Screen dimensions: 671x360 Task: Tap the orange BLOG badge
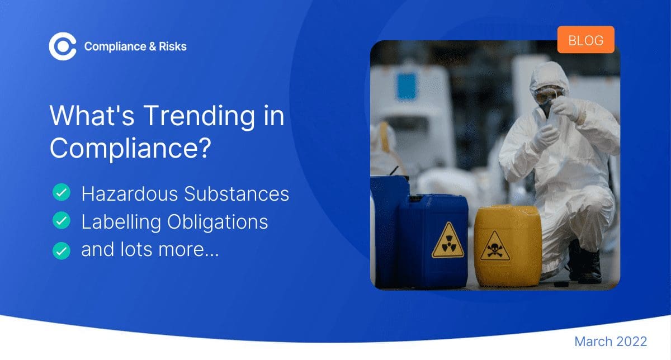585,40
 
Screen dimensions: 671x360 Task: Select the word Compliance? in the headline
131,148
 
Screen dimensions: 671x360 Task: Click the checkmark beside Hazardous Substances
62,192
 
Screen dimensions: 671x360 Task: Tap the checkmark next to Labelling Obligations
62,220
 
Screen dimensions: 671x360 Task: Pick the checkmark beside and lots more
62,250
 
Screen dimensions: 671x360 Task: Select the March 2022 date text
611,342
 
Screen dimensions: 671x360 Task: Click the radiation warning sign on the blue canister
448,241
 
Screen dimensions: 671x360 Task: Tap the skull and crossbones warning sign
495,246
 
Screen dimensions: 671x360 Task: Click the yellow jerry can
508,245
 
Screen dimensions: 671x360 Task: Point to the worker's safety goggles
547,94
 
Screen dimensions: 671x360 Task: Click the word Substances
237,194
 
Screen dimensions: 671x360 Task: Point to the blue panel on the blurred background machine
407,86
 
